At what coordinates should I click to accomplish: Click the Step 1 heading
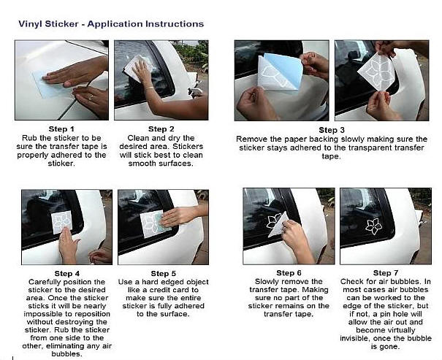click(61, 129)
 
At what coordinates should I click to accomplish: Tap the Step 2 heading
click(161, 129)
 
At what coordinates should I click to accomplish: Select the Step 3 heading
click(332, 130)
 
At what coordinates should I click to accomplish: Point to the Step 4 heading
click(67, 274)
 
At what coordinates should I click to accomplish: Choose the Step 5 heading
click(163, 274)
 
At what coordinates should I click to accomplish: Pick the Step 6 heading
click(289, 273)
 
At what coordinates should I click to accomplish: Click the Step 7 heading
click(386, 273)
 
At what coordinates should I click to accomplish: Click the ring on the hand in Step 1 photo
click(91, 97)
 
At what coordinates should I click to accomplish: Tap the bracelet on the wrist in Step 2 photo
click(150, 88)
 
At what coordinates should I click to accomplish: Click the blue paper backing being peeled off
click(285, 70)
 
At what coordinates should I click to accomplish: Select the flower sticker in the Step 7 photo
click(374, 226)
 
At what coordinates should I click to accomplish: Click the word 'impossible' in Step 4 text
click(42, 314)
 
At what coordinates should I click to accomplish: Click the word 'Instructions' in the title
click(174, 24)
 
